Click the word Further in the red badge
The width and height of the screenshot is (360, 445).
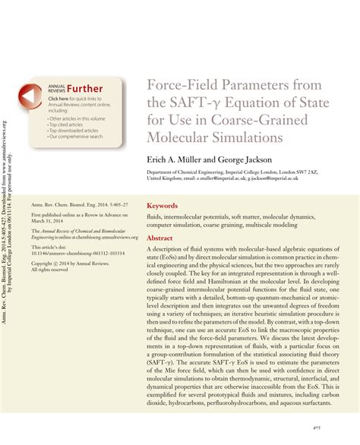pyautogui.click(x=85, y=89)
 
